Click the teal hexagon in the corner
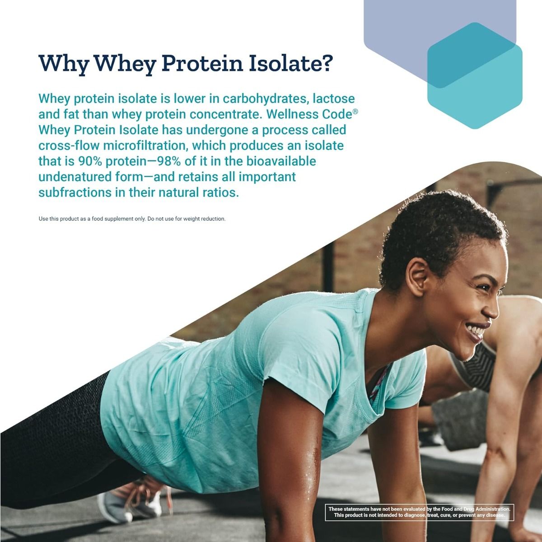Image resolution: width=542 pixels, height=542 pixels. (474, 75)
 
